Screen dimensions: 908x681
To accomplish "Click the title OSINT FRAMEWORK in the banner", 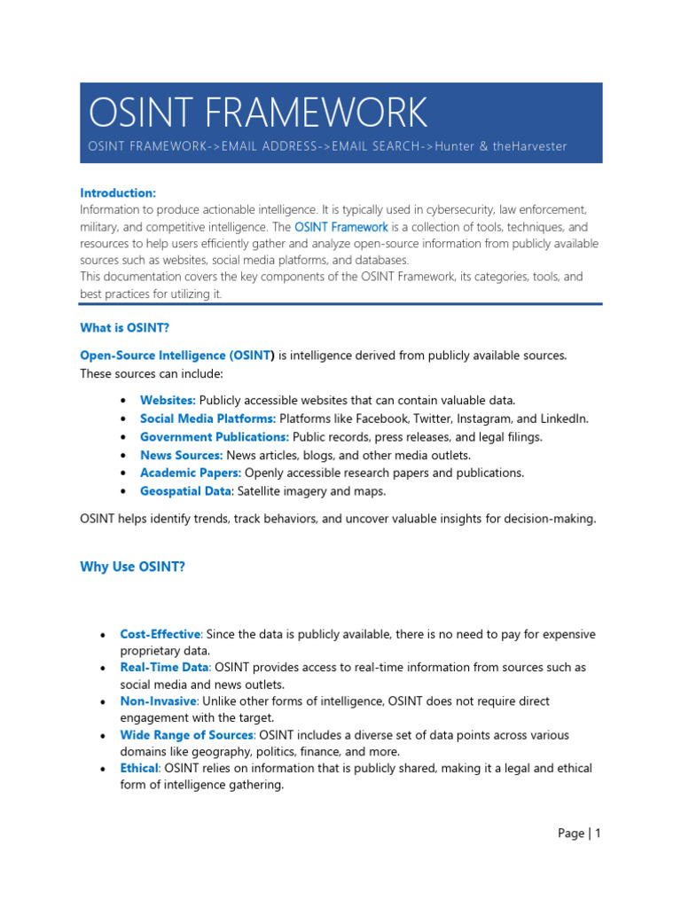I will point(258,113).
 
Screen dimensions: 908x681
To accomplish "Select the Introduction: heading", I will point(118,192).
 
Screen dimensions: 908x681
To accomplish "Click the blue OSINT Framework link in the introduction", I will point(341,227).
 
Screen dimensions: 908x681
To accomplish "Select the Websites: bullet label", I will point(168,401).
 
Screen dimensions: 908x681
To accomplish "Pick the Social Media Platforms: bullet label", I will point(207,419).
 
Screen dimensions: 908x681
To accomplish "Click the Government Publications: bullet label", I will point(214,437).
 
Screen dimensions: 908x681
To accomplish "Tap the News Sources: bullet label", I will point(181,455).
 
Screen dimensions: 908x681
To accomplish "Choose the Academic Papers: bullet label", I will point(190,473).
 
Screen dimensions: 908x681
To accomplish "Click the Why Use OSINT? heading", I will point(133,567).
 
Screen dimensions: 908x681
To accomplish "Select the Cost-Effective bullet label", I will point(161,635).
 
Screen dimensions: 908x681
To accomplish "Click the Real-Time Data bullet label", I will point(164,668).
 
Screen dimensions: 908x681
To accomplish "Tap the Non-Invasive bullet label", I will point(158,701).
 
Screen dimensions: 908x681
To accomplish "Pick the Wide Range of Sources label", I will point(186,735).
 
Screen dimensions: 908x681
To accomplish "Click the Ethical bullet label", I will point(139,768).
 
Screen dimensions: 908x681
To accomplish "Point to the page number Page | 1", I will point(579,834).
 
